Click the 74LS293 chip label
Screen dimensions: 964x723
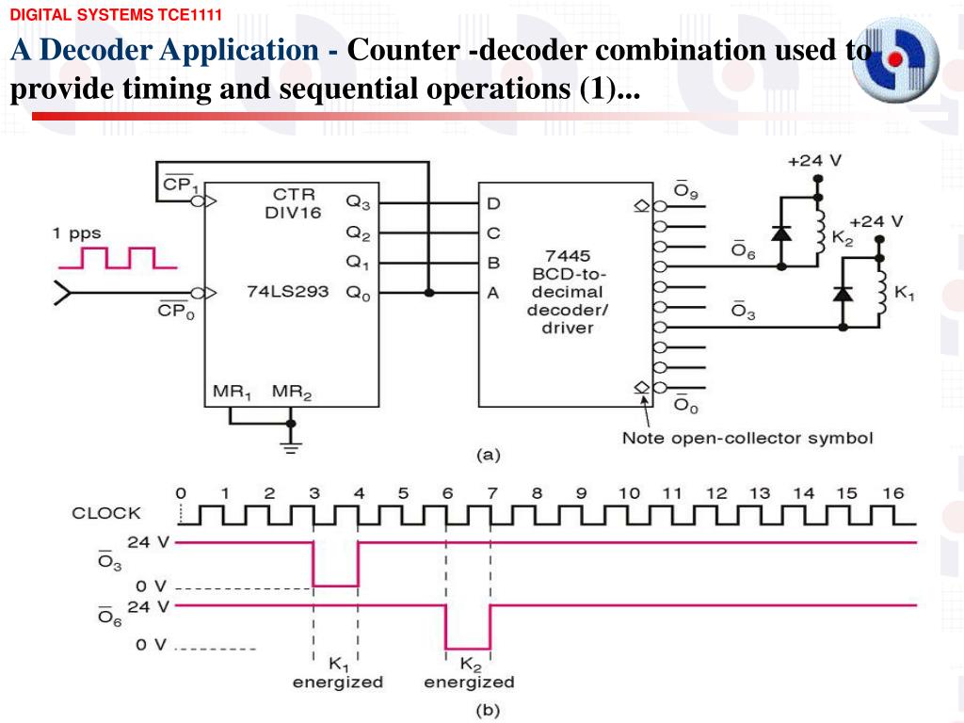(288, 292)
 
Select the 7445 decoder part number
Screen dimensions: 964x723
(568, 256)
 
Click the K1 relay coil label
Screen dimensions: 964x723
(904, 293)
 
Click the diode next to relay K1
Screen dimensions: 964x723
(843, 294)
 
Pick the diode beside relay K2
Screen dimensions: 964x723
(780, 233)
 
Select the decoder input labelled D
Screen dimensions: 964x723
(493, 203)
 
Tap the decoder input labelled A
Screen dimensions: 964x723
(492, 294)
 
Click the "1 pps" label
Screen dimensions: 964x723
(77, 233)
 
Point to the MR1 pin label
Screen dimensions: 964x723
(232, 392)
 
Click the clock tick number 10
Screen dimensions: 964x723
(629, 493)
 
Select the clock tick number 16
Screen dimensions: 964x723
(893, 493)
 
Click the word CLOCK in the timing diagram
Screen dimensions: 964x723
(106, 513)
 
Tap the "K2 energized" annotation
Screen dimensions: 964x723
(469, 673)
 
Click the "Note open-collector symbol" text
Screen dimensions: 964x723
(747, 438)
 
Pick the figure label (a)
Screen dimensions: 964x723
(489, 455)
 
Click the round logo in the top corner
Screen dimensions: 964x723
(896, 59)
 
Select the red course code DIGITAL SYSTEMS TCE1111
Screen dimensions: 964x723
(116, 15)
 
